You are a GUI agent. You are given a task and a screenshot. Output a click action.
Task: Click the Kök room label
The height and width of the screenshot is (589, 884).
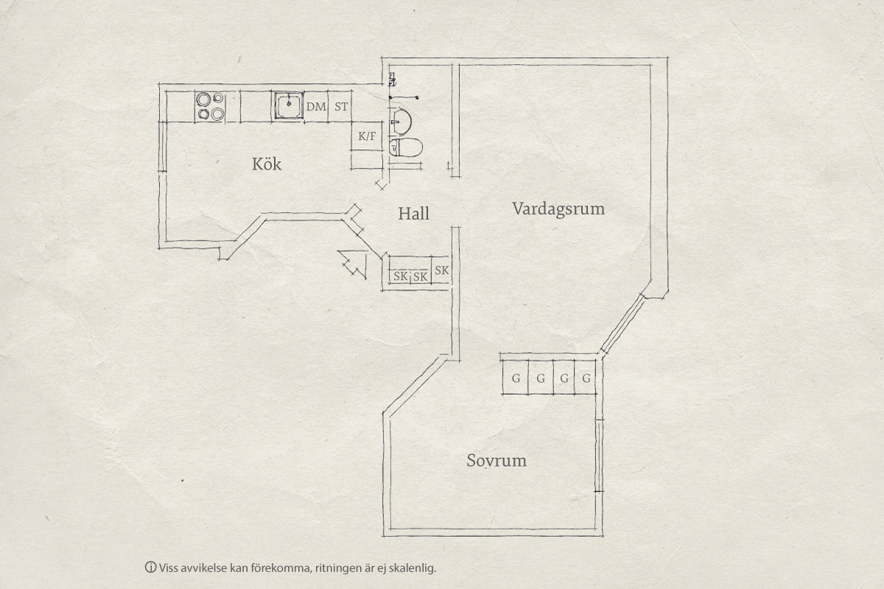point(267,164)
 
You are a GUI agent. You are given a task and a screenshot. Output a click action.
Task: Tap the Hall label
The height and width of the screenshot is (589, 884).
point(413,214)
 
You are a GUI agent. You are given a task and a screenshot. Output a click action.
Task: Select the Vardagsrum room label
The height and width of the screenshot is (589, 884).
point(558,208)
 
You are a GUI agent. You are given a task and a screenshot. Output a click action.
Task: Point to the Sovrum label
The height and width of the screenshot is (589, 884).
point(497,460)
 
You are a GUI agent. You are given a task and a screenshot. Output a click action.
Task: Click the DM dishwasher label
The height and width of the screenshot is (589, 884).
point(317,107)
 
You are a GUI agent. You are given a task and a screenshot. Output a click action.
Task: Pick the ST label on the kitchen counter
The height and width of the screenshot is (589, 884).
point(341,107)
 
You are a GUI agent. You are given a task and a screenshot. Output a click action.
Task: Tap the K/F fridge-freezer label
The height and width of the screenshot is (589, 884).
point(367,136)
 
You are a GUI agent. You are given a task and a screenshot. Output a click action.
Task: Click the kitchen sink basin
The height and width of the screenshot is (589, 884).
point(289,105)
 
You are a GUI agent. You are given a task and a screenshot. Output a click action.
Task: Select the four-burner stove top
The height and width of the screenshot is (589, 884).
point(211,106)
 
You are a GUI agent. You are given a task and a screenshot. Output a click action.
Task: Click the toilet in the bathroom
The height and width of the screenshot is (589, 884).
point(406,147)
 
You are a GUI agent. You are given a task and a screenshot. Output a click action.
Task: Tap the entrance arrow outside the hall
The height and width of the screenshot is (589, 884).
point(352,264)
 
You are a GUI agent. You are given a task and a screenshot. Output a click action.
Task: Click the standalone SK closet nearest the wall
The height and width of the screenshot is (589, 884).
point(441,270)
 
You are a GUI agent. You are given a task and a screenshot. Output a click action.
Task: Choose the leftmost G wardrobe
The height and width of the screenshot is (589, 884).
point(516,378)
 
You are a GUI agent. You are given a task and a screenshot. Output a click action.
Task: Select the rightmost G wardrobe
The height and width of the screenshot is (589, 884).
point(586,378)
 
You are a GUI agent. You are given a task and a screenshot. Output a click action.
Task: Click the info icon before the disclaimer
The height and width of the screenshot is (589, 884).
point(150,568)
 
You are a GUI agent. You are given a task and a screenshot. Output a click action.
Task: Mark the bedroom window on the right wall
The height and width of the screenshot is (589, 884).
point(599,456)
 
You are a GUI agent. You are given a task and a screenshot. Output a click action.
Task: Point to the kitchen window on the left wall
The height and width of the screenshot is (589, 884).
point(162,147)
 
